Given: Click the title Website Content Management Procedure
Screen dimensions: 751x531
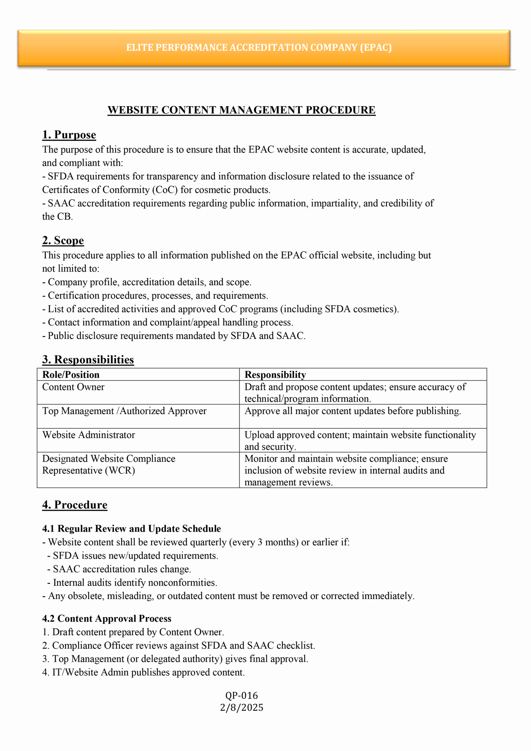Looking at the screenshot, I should (x=241, y=110).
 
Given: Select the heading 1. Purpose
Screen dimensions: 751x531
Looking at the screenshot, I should (x=69, y=135).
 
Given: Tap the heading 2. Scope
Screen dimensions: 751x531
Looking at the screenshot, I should (x=63, y=240).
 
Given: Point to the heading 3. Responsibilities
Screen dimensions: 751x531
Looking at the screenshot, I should (x=88, y=360).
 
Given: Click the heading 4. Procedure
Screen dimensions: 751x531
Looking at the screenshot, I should (x=75, y=505).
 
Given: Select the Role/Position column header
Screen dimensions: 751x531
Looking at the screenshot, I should (x=71, y=375).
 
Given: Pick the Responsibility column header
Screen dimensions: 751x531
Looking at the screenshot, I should (x=275, y=375).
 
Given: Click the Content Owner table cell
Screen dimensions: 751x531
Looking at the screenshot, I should (x=73, y=387).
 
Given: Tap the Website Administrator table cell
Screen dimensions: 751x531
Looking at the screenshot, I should (x=89, y=435).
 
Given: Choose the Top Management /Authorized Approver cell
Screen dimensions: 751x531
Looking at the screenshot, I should (x=124, y=411).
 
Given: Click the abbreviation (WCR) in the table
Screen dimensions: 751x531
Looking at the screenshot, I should (x=120, y=471).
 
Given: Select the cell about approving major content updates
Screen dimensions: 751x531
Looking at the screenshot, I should (x=352, y=411).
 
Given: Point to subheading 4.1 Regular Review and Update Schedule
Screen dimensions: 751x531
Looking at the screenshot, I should (x=131, y=529).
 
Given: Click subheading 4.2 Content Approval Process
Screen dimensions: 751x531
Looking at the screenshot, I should (x=107, y=619).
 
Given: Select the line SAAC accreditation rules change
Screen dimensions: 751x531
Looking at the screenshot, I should (x=122, y=569).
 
